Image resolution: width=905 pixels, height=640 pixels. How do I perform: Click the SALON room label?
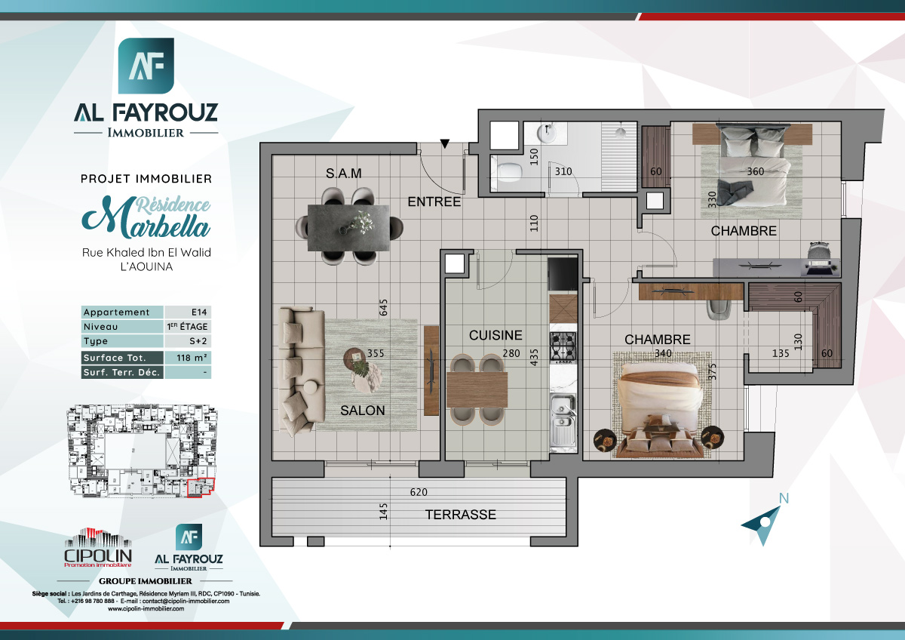(362, 411)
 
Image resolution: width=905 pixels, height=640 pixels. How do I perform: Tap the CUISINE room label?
(495, 335)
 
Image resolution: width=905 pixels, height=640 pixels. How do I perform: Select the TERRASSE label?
(460, 515)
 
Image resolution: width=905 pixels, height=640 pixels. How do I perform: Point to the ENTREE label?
(434, 202)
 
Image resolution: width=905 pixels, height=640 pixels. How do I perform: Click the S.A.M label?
(344, 173)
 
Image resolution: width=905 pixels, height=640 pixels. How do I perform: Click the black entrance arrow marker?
(445, 143)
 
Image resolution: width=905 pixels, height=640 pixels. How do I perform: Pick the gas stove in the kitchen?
(562, 346)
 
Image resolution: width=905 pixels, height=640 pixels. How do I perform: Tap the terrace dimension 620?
(419, 492)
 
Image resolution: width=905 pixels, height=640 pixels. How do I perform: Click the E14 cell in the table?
(187, 312)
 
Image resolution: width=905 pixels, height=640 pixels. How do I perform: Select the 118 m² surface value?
(187, 358)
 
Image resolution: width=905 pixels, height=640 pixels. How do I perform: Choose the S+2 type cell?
(187, 342)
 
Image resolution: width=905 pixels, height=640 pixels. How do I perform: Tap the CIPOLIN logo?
(99, 548)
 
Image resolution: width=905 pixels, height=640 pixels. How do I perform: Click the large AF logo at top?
(146, 67)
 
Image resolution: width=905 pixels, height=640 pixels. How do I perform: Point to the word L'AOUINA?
(146, 266)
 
